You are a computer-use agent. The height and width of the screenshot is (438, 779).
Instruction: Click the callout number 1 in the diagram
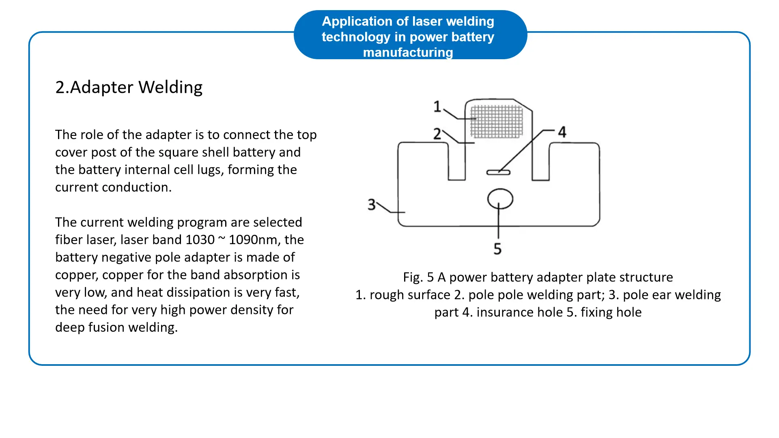[x=437, y=106]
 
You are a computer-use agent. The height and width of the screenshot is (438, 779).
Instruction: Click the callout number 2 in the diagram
[x=437, y=134]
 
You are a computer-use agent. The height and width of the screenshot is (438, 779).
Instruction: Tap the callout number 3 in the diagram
[x=372, y=204]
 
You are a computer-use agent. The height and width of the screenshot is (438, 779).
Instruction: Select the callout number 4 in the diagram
[x=562, y=132]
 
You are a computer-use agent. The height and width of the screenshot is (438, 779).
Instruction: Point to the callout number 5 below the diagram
[x=497, y=249]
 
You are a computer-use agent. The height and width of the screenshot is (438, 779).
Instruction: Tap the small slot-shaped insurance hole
[x=498, y=172]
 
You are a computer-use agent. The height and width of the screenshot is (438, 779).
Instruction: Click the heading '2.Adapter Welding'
[x=129, y=87]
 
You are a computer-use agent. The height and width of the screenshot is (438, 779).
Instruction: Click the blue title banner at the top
[x=410, y=35]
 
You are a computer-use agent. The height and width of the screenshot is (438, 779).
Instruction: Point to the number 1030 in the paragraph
[x=200, y=240]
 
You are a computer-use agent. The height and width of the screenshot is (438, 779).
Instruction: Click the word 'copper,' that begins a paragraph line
[x=77, y=275]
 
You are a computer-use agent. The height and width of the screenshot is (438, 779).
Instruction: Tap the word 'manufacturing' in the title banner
[x=408, y=52]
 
